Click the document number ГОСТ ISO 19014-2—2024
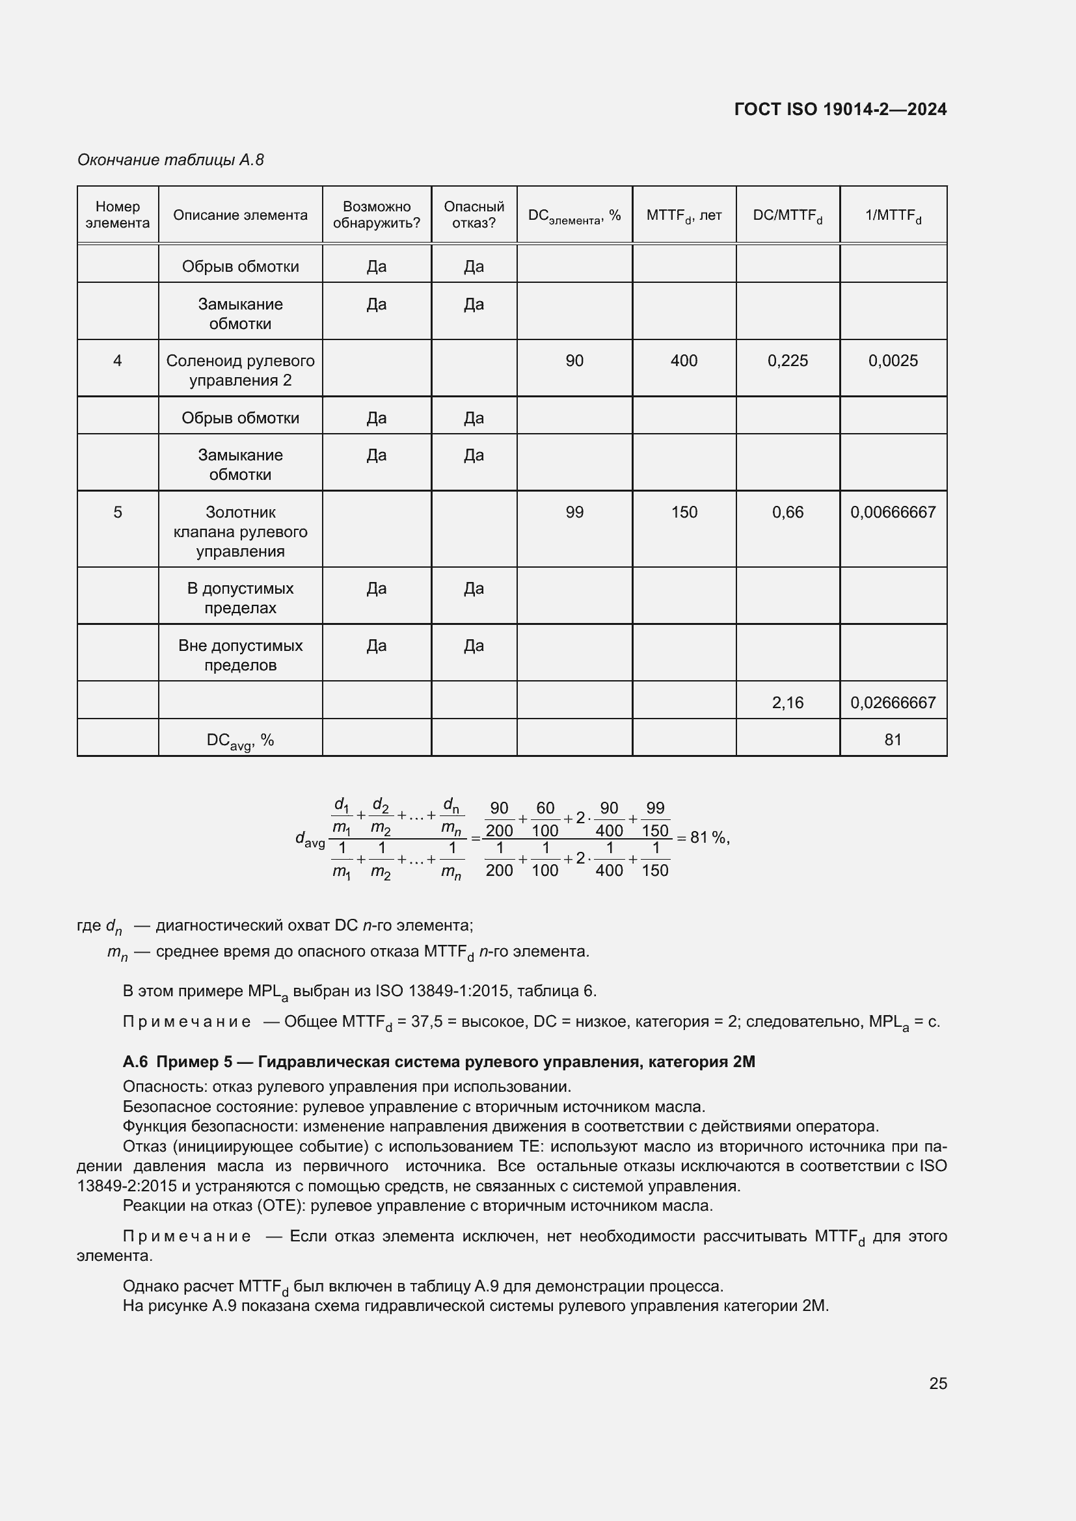click(x=840, y=109)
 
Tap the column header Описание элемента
click(x=240, y=215)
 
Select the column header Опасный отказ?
click(x=474, y=215)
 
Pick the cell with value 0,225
click(x=787, y=361)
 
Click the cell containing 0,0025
click(x=893, y=361)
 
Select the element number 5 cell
click(x=117, y=512)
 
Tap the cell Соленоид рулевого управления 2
click(x=240, y=370)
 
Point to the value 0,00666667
click(x=893, y=512)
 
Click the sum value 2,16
click(x=787, y=703)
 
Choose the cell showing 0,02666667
click(x=893, y=703)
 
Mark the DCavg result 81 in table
click(x=893, y=740)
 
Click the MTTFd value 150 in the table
click(x=684, y=512)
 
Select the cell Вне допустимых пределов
click(x=240, y=655)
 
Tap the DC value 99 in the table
click(x=574, y=512)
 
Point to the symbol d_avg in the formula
click(x=310, y=840)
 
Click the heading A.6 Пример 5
click(x=438, y=1062)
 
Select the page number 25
click(x=937, y=1383)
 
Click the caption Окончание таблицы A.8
click(x=170, y=160)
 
